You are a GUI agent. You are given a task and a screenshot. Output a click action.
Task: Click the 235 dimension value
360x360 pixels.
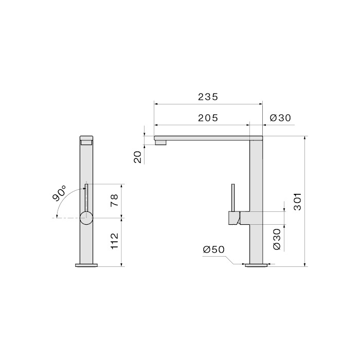tap(208, 97)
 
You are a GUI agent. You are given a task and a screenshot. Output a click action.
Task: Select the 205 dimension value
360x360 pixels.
tap(208, 118)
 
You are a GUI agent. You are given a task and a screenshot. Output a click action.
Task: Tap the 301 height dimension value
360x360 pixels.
tap(298, 202)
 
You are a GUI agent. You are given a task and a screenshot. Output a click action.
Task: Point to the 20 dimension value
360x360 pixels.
tap(138, 157)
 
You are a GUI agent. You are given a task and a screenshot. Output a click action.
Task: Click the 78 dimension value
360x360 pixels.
tap(114, 200)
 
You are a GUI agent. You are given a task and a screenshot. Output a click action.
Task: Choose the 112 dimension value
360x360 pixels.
tap(114, 241)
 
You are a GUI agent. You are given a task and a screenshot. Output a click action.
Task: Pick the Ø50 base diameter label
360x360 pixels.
tap(213, 249)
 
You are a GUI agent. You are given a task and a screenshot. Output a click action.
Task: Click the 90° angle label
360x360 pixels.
tap(59, 193)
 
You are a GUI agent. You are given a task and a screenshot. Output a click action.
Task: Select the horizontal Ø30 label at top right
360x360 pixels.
tap(280, 118)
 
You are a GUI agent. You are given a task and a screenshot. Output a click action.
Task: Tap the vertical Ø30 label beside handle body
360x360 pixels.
tap(277, 239)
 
